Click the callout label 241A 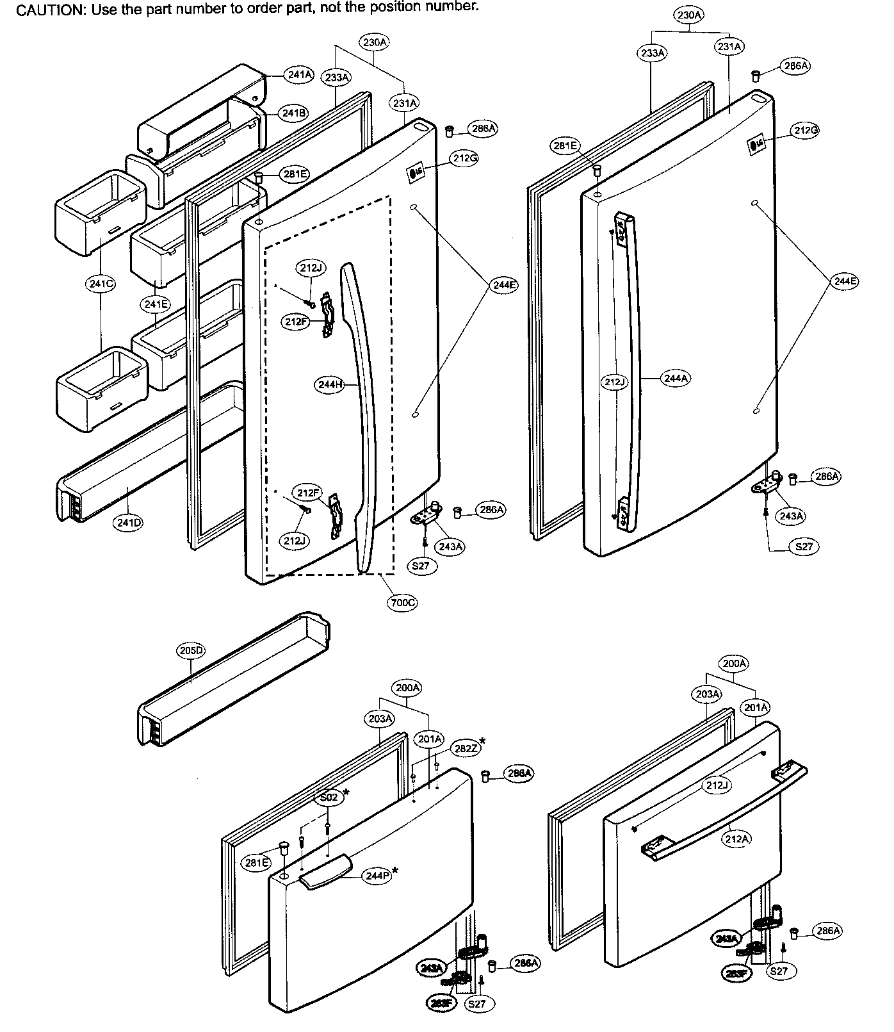point(300,75)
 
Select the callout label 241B point(294,113)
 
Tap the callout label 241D point(129,523)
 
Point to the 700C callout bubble point(402,602)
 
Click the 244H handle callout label point(330,385)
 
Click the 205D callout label point(191,650)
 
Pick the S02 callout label point(329,798)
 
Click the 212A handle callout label point(736,839)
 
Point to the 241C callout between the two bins point(101,283)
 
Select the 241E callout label point(156,304)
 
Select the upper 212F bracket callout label point(295,322)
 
